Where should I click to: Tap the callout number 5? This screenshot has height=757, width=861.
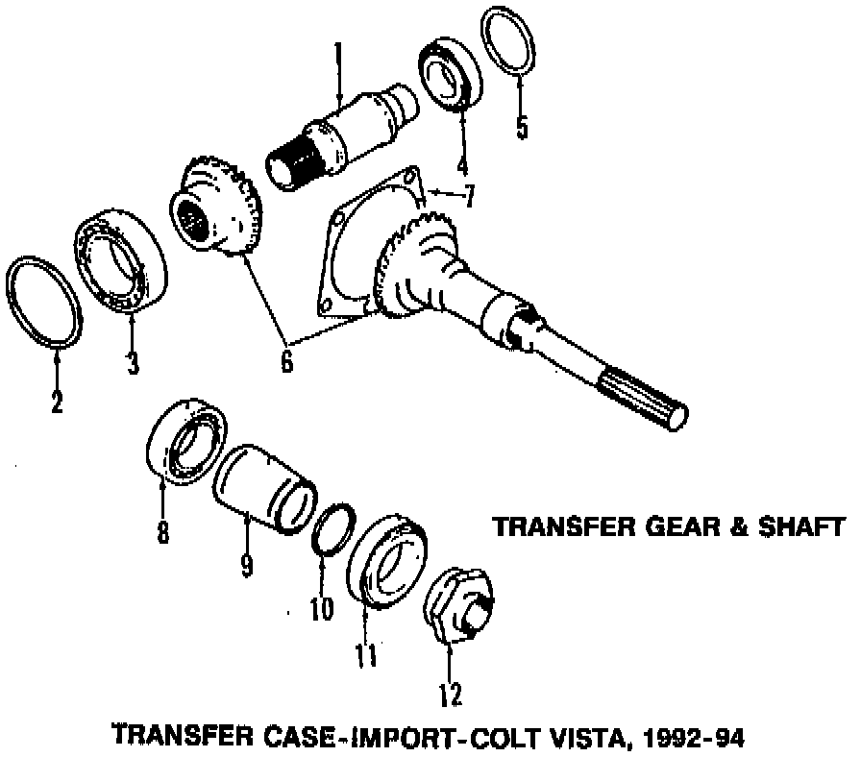tap(522, 127)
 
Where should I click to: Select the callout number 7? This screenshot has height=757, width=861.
tap(467, 197)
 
